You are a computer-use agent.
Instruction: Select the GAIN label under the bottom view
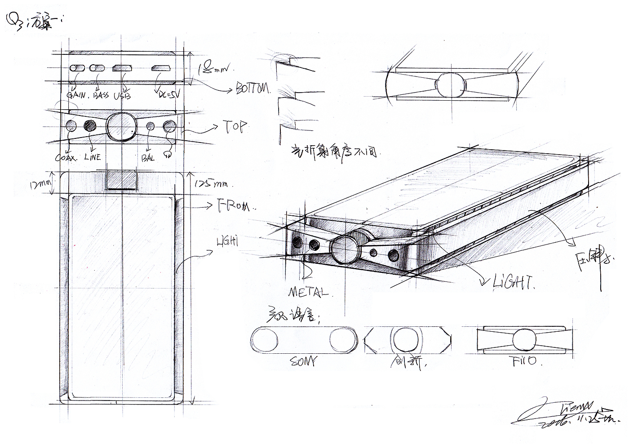coord(76,95)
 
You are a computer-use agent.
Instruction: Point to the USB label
coord(122,95)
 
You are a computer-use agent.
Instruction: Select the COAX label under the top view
coord(66,158)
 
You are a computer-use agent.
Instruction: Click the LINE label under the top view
coord(92,157)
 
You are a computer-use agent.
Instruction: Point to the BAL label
coord(148,158)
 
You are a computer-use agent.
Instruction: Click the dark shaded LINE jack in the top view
coord(91,126)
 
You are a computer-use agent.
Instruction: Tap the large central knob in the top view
coord(121,126)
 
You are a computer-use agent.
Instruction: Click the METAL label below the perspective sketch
coord(308,293)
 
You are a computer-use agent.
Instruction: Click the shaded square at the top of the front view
coord(121,179)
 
